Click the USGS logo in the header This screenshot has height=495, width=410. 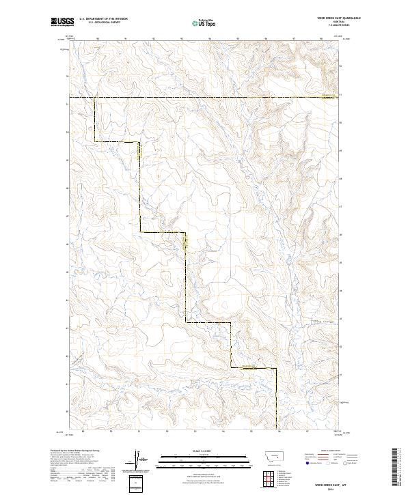coord(62,23)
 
